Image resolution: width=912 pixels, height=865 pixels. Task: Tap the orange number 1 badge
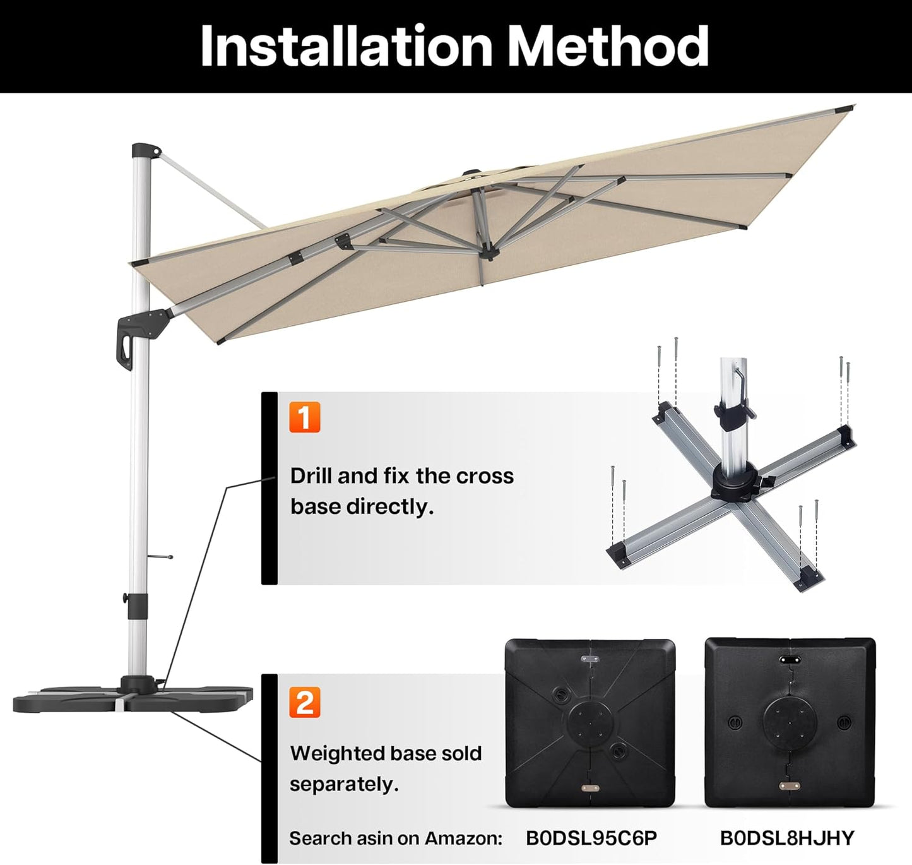305,417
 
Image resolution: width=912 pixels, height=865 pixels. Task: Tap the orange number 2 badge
305,702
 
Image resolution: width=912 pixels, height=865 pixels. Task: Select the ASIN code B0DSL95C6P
591,838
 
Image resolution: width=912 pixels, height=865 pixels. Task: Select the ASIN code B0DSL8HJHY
786,838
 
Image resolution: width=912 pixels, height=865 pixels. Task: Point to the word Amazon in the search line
463,838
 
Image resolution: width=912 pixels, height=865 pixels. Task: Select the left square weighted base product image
590,722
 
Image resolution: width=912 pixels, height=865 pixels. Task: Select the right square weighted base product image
790,722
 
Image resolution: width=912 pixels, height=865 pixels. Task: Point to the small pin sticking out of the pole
161,557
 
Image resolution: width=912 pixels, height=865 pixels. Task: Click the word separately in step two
344,784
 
